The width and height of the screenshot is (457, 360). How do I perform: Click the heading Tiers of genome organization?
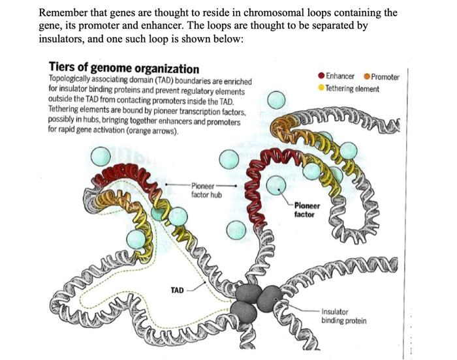pyautogui.click(x=124, y=68)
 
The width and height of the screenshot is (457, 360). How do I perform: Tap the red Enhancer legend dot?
pyautogui.click(x=321, y=77)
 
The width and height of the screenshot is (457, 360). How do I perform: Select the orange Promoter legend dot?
pyautogui.click(x=367, y=77)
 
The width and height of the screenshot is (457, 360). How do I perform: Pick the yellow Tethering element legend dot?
pyautogui.click(x=321, y=88)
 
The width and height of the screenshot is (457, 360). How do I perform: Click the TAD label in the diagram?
pyautogui.click(x=177, y=289)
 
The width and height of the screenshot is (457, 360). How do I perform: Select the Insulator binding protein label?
pyautogui.click(x=343, y=316)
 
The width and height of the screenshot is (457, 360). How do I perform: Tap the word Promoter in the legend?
pyautogui.click(x=385, y=77)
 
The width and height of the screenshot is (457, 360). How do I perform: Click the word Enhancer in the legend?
pyautogui.click(x=340, y=77)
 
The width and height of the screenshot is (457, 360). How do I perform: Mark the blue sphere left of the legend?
pyautogui.click(x=277, y=99)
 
